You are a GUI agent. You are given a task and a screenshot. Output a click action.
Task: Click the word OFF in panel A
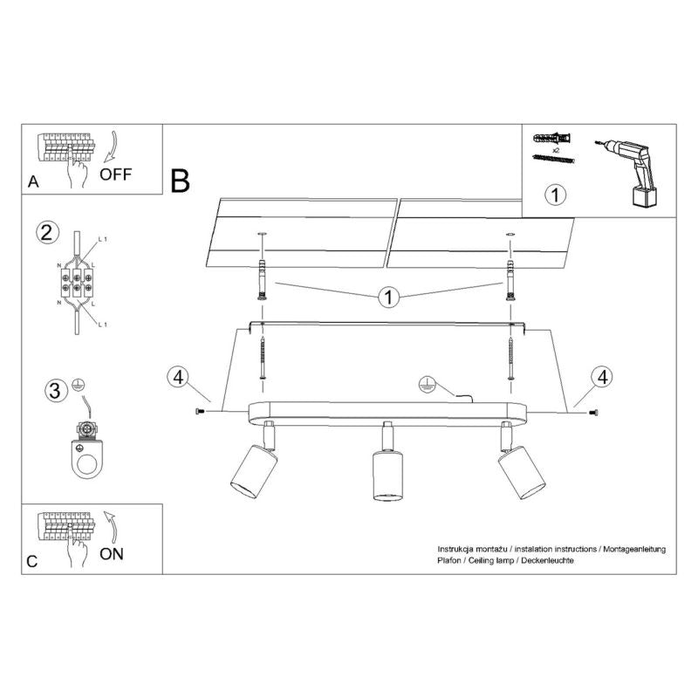pos(115,173)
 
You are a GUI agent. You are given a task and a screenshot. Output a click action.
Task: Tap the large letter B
pos(181,181)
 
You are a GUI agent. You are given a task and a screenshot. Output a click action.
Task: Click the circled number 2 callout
pos(48,232)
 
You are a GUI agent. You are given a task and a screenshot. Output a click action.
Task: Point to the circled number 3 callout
pos(55,390)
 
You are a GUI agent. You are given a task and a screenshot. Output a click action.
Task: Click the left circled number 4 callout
pos(177,378)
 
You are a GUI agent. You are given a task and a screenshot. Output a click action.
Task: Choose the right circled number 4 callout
pos(599,378)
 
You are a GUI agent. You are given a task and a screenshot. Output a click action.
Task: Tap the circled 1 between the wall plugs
pos(388,298)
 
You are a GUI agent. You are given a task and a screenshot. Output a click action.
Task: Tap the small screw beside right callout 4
pos(594,411)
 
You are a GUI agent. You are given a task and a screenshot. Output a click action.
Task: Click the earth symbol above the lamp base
pos(428,382)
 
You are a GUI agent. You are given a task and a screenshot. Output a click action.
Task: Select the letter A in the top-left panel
pos(33,182)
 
